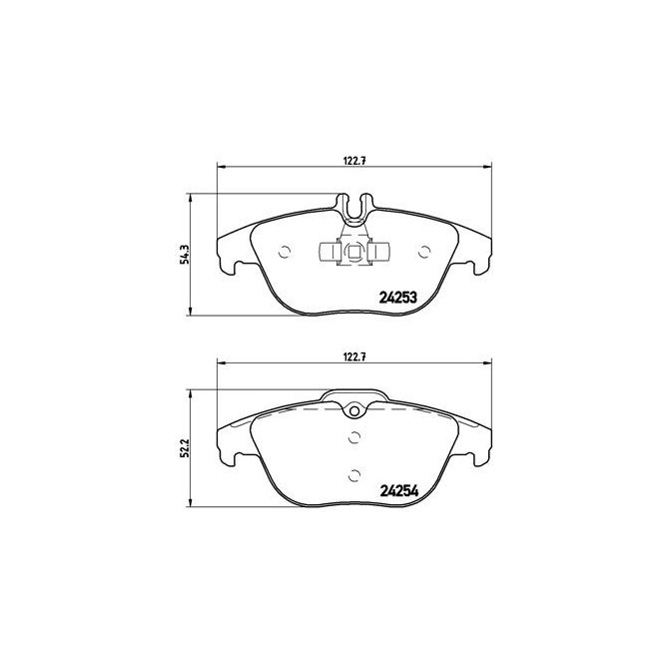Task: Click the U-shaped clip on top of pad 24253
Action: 354,211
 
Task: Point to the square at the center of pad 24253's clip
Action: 354,252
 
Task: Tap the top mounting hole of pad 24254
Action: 354,411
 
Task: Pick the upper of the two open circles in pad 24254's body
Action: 354,435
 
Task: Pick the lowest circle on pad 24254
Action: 354,475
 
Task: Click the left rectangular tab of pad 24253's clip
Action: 328,252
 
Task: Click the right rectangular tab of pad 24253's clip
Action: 381,252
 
